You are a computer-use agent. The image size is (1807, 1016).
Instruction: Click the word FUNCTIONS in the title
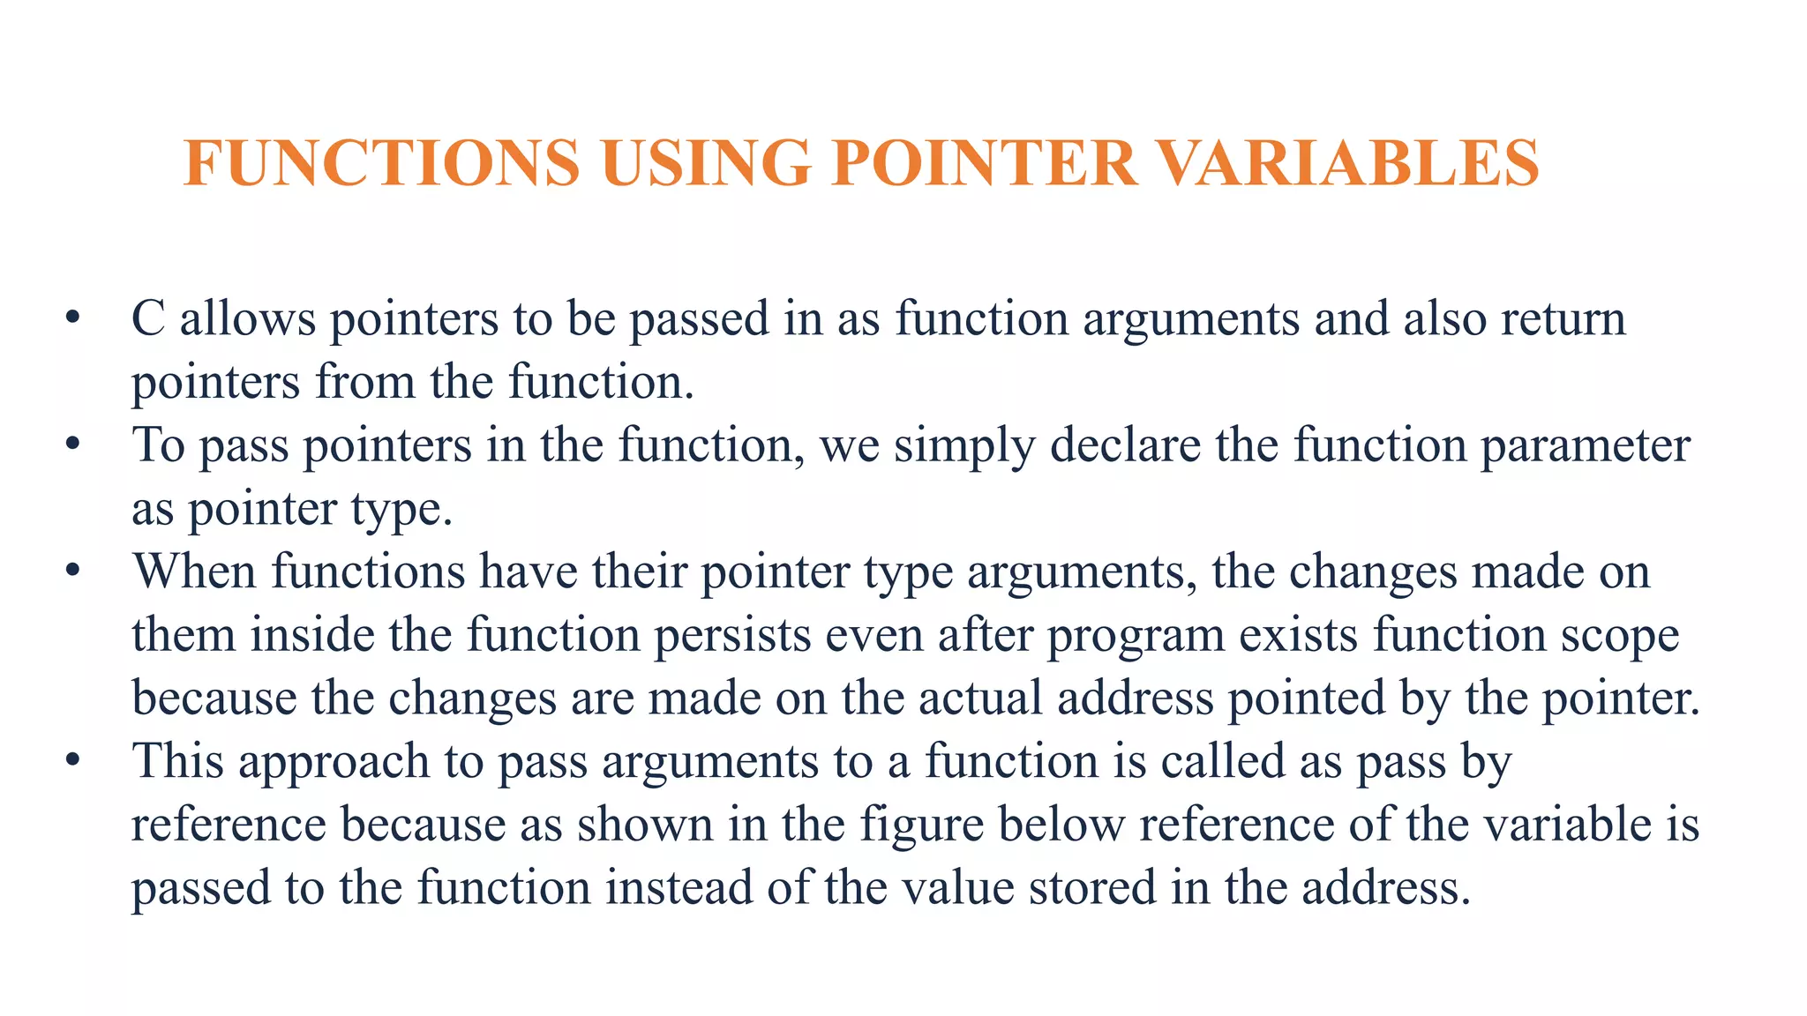tap(381, 163)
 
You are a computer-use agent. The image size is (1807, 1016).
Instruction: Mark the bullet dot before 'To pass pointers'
tap(73, 444)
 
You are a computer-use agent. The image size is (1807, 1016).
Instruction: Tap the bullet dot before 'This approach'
tap(73, 759)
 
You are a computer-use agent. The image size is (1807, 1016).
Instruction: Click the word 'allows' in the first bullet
tap(248, 318)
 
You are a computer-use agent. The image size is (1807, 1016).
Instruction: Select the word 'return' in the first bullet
tap(1563, 318)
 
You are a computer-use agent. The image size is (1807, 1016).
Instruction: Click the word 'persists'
tap(732, 635)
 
